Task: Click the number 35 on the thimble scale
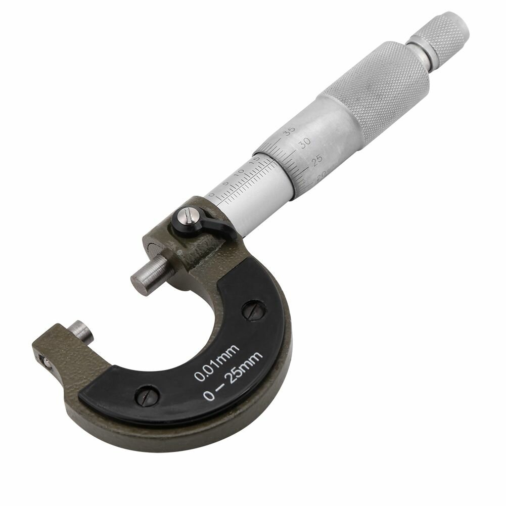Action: (x=289, y=132)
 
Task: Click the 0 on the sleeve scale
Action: (x=211, y=195)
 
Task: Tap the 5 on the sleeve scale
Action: (x=226, y=183)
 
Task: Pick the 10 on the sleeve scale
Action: (x=240, y=172)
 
